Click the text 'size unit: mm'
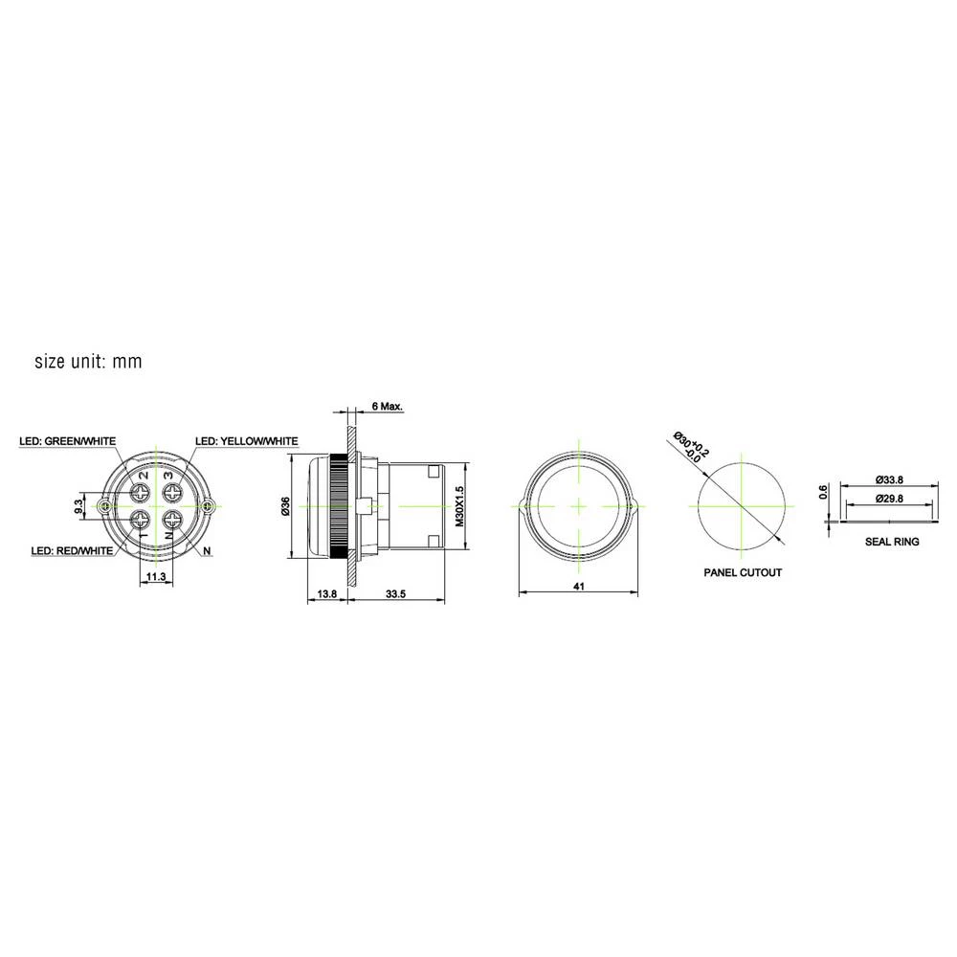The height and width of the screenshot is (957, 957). tap(88, 362)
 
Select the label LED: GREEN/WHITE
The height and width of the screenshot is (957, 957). tap(67, 441)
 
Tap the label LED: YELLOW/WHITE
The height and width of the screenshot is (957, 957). tap(247, 441)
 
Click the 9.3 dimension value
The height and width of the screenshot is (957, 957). tap(78, 506)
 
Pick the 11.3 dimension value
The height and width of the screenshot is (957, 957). tap(156, 577)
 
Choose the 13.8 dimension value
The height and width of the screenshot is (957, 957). tap(326, 595)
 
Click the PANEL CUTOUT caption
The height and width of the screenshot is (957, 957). tap(744, 572)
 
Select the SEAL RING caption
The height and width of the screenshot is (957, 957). tap(891, 542)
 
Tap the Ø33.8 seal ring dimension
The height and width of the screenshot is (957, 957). tap(891, 480)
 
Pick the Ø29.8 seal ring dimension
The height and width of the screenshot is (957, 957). tap(891, 499)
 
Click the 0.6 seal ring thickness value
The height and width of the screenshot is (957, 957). tap(823, 493)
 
